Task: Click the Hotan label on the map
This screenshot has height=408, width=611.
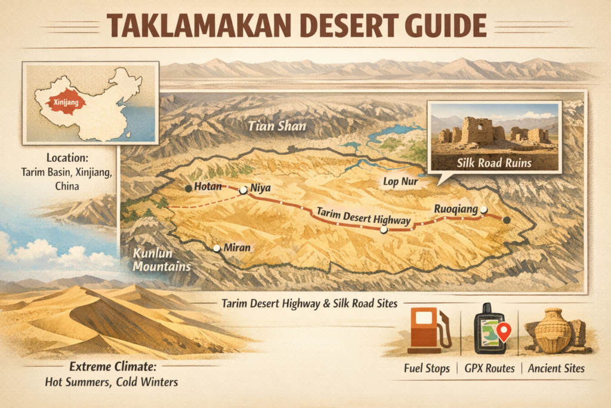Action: tap(207, 188)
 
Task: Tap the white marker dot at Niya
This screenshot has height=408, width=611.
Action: tap(243, 191)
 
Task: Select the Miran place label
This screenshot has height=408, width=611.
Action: tap(236, 247)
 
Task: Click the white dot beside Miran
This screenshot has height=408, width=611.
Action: tap(217, 247)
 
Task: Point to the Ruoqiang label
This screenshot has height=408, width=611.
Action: tap(456, 210)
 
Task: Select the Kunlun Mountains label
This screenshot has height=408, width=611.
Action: tap(158, 260)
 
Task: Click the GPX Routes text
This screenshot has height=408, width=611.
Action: tap(489, 369)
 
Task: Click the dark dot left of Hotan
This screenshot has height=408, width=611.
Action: tap(189, 189)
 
